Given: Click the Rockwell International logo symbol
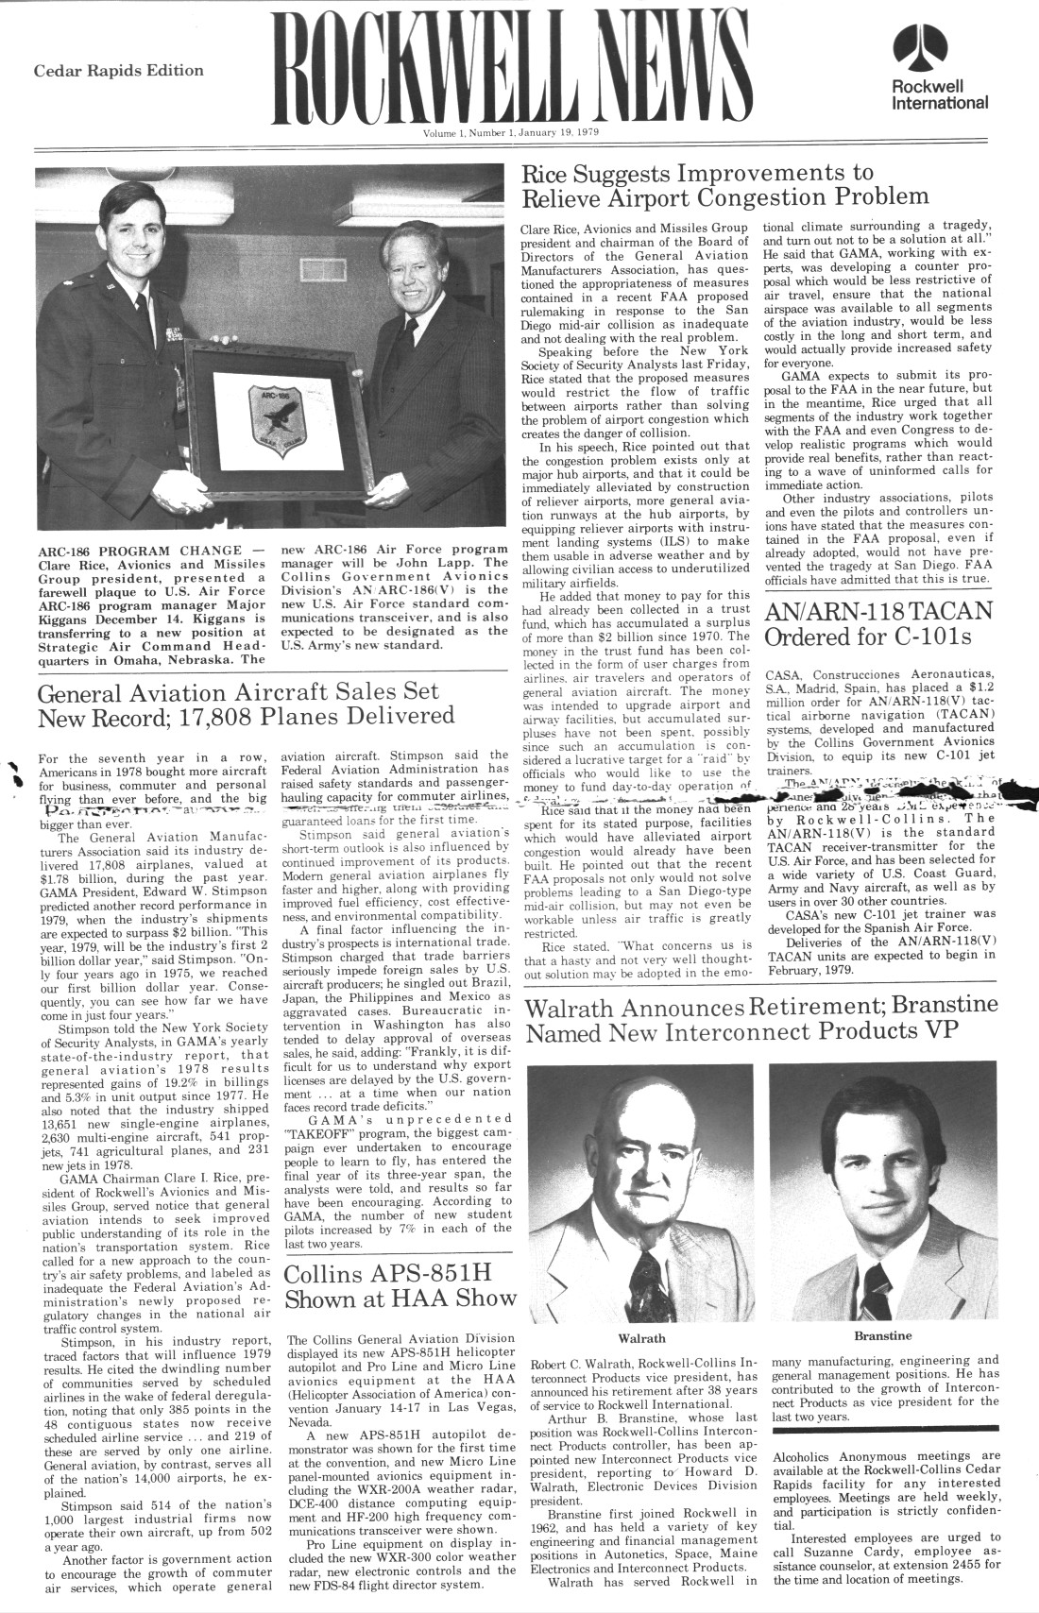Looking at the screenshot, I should point(925,46).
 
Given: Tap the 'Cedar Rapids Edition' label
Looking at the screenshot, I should point(119,71).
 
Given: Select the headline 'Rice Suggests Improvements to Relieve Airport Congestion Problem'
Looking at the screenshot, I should point(724,184).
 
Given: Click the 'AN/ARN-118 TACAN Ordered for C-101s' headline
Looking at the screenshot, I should point(880,622).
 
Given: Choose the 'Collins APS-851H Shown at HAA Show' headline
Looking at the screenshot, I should point(400,1283).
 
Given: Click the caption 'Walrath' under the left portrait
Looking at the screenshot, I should point(641,1337).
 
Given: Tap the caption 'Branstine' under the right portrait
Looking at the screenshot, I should point(882,1335).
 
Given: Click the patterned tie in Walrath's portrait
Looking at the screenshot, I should point(649,1276).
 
